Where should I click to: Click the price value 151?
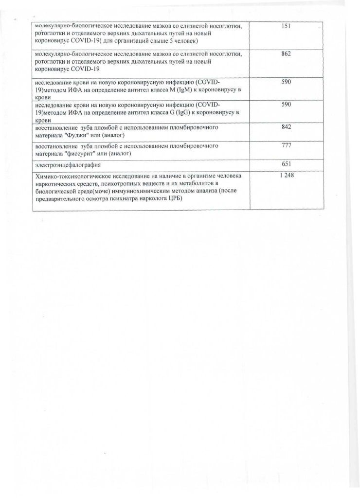pos(286,26)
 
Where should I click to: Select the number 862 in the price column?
pos(286,54)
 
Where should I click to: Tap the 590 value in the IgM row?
pos(286,82)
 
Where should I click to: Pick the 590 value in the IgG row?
pos(286,105)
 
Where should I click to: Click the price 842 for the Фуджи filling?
pos(286,127)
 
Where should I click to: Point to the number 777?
pos(286,145)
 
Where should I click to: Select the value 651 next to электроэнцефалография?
pos(286,164)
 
